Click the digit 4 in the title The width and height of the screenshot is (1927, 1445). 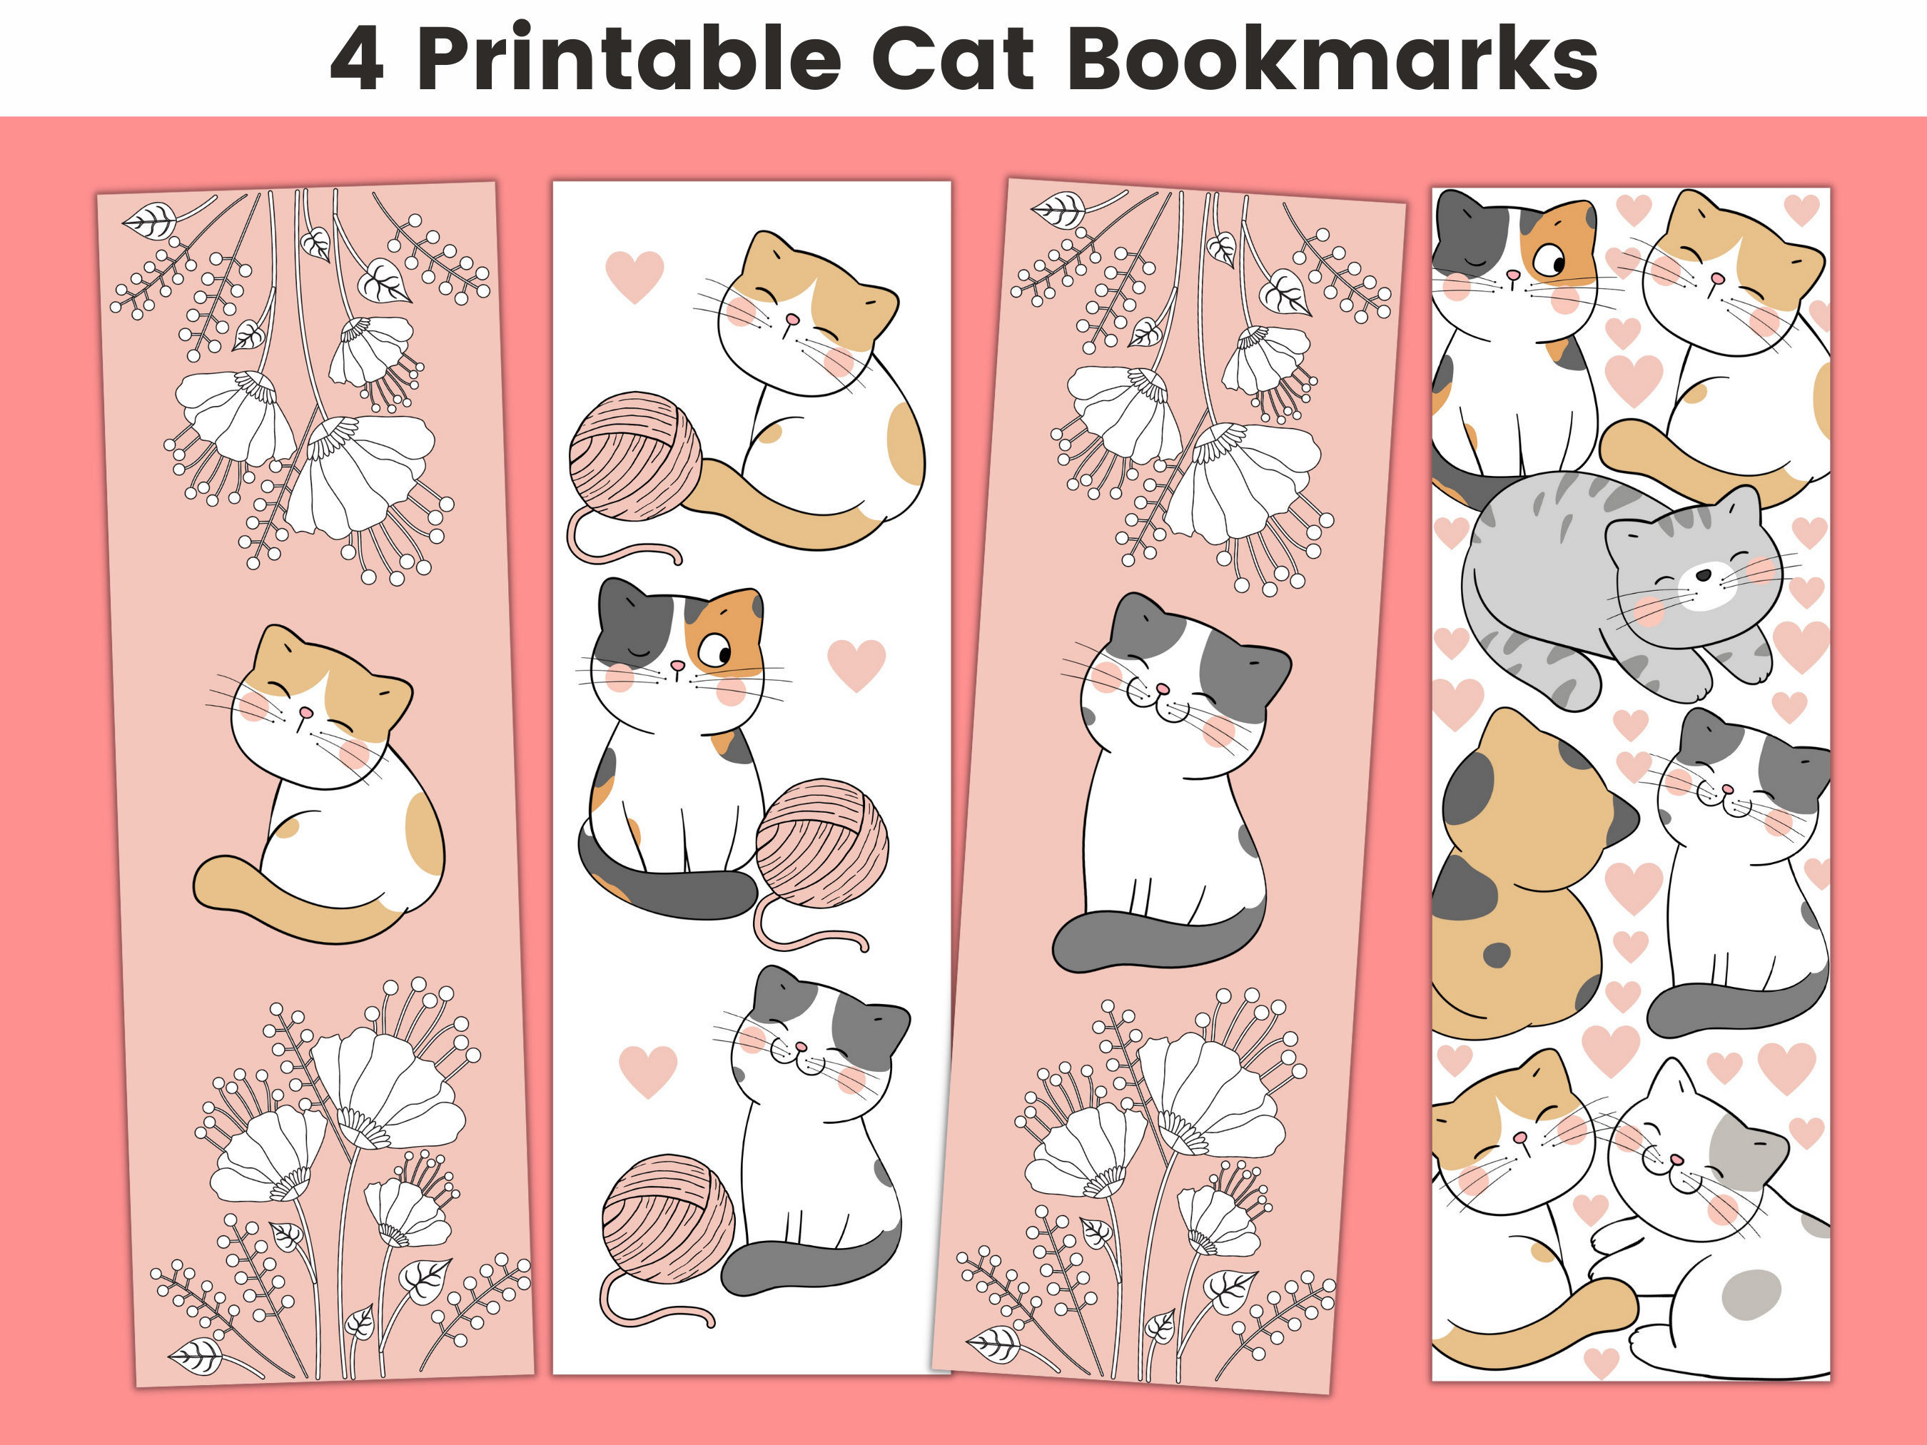pos(356,59)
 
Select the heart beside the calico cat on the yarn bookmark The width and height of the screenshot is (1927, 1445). pos(856,664)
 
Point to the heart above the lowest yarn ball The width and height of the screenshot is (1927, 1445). pos(647,1070)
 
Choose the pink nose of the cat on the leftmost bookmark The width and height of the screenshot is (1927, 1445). pos(305,711)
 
